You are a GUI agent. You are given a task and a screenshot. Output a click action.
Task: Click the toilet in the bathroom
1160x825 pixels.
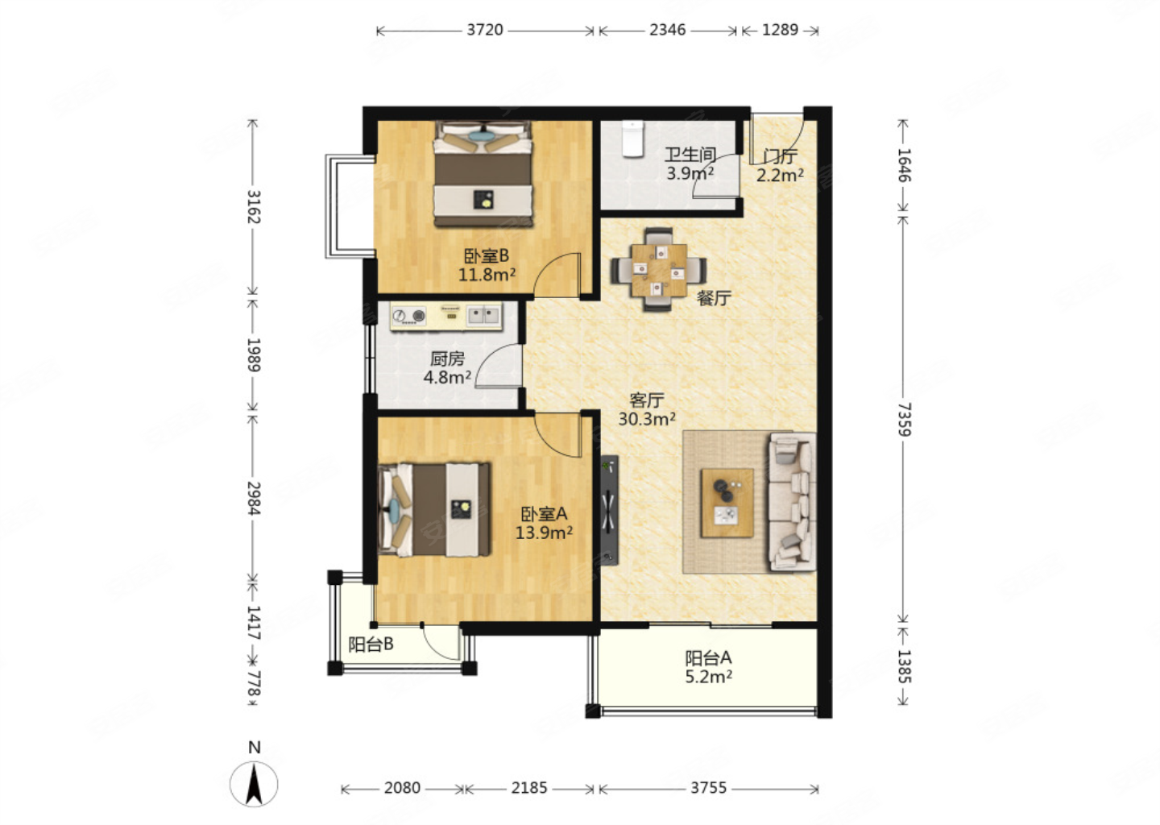pos(632,139)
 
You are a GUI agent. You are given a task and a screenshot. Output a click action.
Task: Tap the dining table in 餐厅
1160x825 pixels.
pos(659,270)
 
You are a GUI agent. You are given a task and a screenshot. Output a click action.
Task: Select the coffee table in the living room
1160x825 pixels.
pos(727,503)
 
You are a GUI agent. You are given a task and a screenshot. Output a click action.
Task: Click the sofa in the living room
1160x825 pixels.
pos(792,502)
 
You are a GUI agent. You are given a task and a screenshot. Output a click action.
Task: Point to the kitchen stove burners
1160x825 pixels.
pos(408,316)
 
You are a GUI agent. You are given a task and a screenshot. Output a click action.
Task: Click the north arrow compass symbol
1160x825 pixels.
pos(254,784)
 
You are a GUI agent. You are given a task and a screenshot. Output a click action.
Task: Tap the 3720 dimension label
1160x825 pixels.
pos(485,30)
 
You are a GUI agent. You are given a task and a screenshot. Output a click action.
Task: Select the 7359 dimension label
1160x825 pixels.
pos(904,420)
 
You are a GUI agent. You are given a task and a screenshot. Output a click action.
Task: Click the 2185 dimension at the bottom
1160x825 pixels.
pos(529,788)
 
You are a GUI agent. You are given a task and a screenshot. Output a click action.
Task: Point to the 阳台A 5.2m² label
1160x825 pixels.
pos(708,667)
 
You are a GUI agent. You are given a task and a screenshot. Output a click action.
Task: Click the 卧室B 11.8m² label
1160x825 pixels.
pos(487,264)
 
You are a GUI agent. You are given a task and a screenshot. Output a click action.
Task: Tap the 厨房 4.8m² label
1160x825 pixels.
pos(447,367)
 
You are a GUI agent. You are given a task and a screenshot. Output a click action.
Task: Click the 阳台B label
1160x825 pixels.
pos(371,645)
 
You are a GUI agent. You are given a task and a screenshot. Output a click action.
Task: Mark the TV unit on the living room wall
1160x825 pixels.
pos(610,510)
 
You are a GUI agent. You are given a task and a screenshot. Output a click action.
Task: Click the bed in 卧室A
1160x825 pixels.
pos(434,510)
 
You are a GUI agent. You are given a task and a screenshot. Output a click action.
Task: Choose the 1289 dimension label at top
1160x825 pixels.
pos(780,30)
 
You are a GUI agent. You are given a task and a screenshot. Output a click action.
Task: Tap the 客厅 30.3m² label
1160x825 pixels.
pos(647,409)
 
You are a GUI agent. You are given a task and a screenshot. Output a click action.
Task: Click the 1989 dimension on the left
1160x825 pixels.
pos(254,354)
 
